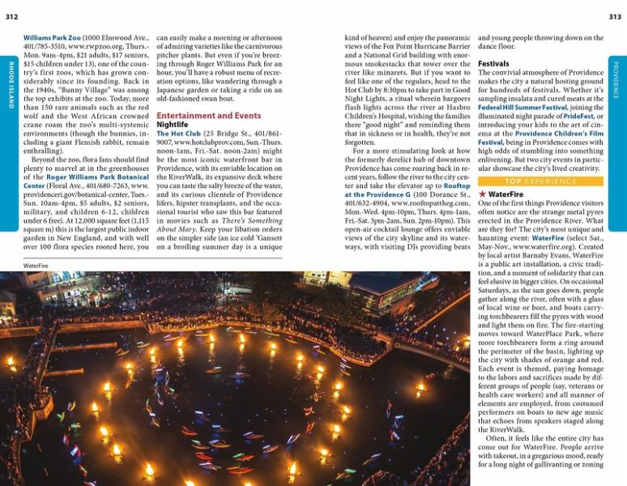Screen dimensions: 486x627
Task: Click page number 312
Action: point(12,16)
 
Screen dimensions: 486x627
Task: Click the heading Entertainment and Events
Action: point(208,116)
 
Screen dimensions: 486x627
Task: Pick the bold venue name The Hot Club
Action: point(175,134)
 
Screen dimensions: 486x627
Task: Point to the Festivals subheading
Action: point(493,63)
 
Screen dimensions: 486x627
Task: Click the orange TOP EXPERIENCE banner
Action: point(540,181)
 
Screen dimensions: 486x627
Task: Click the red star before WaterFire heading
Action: point(483,194)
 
